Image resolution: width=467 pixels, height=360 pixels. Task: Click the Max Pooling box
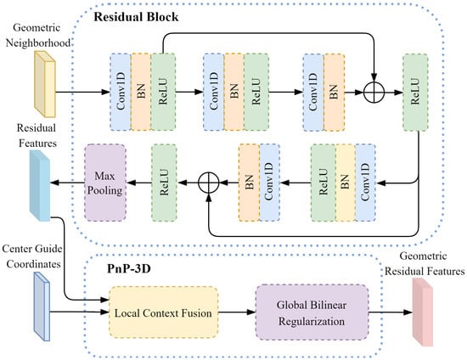click(x=105, y=183)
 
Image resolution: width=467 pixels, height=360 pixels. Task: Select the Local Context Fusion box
click(x=163, y=312)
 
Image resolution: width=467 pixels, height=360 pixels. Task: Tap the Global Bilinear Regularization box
click(x=312, y=312)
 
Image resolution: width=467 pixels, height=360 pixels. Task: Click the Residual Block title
click(x=136, y=17)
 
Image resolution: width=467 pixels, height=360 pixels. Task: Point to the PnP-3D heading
click(x=129, y=268)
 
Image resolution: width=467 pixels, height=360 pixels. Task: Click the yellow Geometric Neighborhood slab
click(x=45, y=84)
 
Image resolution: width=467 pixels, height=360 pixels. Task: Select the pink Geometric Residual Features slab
click(x=423, y=312)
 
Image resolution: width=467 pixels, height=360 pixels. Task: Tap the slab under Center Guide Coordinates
click(x=42, y=307)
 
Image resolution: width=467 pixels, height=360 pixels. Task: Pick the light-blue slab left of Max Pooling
click(x=40, y=185)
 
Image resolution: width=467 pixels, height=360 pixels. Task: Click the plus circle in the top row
click(x=374, y=92)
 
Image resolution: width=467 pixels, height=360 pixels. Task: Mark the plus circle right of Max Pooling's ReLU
click(x=209, y=183)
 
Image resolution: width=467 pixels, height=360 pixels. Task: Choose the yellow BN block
click(x=346, y=183)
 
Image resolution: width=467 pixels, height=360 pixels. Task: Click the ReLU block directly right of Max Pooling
click(x=164, y=183)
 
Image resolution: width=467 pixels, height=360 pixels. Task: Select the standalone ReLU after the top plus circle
click(x=415, y=93)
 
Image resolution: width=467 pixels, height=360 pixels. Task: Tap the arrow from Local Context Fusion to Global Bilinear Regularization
click(x=237, y=312)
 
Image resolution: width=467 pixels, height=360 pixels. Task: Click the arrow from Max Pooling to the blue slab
click(x=67, y=183)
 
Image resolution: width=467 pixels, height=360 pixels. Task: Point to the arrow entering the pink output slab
click(x=391, y=312)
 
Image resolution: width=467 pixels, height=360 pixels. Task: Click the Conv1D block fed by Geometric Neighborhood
click(x=121, y=92)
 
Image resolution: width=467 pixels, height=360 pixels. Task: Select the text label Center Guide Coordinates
click(x=32, y=256)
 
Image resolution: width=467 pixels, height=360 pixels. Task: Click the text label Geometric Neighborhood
click(x=38, y=36)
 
